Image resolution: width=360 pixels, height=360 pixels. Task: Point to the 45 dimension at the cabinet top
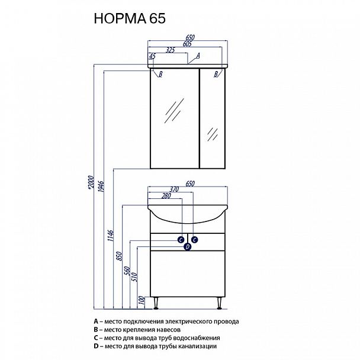click(152, 56)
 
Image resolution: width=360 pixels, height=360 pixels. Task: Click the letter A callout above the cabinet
click(198, 55)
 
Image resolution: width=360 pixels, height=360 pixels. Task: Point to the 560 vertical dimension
click(131, 272)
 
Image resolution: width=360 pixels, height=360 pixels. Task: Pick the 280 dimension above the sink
click(166, 195)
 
